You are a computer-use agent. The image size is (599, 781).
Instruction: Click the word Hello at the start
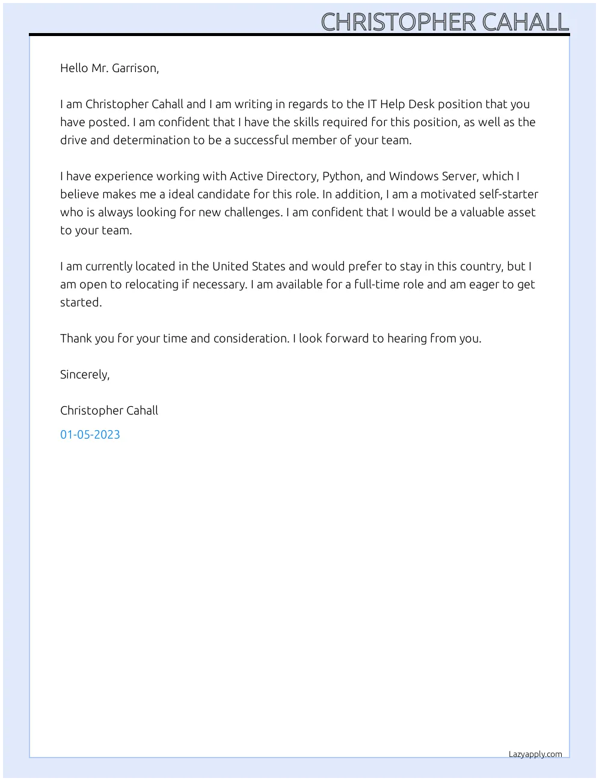(x=74, y=68)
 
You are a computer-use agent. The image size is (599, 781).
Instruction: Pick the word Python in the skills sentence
(x=342, y=176)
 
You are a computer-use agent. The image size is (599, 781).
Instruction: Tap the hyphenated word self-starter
(x=508, y=194)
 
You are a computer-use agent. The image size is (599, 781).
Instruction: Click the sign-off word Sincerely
(x=85, y=374)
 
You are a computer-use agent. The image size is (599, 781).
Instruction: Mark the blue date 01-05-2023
(x=90, y=434)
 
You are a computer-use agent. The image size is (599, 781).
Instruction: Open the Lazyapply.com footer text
(x=535, y=754)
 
